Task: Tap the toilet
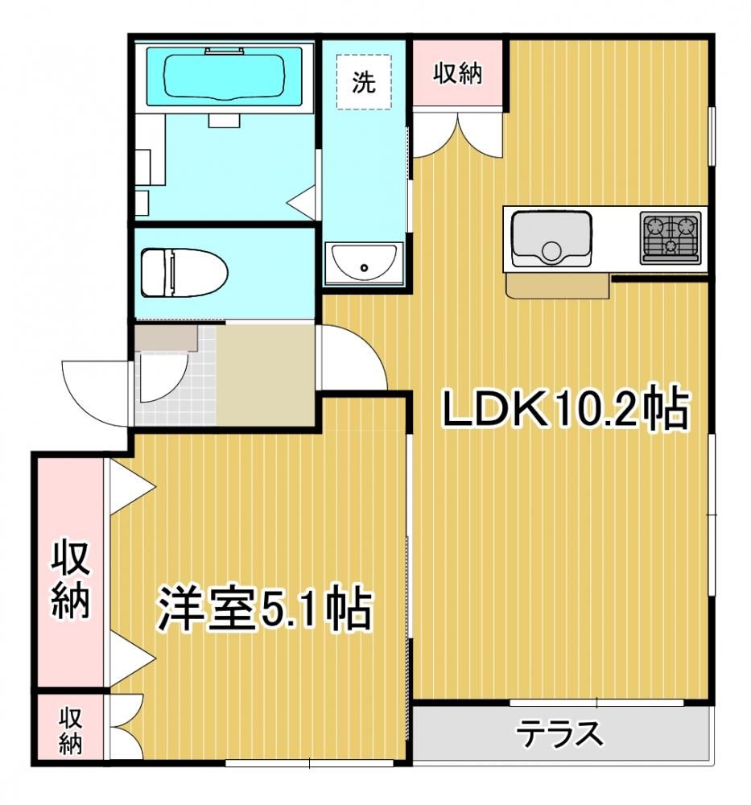[184, 273]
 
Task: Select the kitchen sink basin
[551, 239]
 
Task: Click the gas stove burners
[670, 238]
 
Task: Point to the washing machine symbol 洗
[364, 81]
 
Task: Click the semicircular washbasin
[364, 263]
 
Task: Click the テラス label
[561, 734]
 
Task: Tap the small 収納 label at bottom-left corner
[70, 731]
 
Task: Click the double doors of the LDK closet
[457, 134]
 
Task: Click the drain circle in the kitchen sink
[551, 251]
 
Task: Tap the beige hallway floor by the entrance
[266, 375]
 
